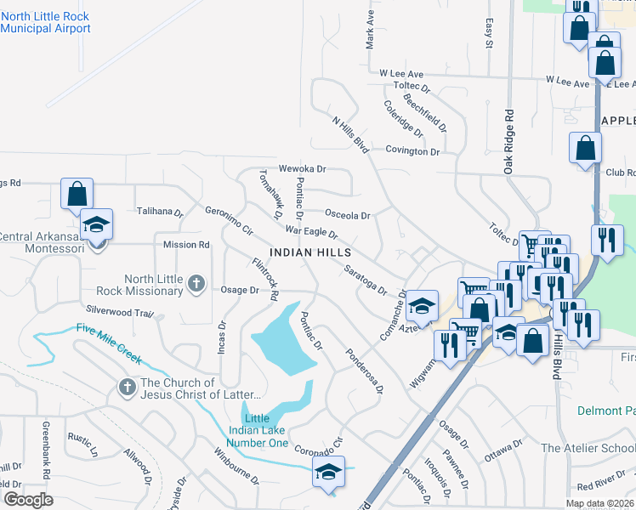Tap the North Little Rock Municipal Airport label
pyautogui.click(x=46, y=22)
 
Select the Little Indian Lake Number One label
pyautogui.click(x=266, y=431)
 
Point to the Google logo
pyautogui.click(x=29, y=500)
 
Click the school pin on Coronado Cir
pyautogui.click(x=328, y=473)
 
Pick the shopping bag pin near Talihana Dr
pyautogui.click(x=77, y=194)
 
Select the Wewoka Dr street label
pyautogui.click(x=303, y=169)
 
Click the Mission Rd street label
pyautogui.click(x=186, y=245)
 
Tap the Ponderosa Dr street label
pyautogui.click(x=364, y=371)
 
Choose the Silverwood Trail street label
pyautogui.click(x=119, y=311)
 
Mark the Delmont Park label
pyautogui.click(x=605, y=411)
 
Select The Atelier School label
pyautogui.click(x=588, y=448)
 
